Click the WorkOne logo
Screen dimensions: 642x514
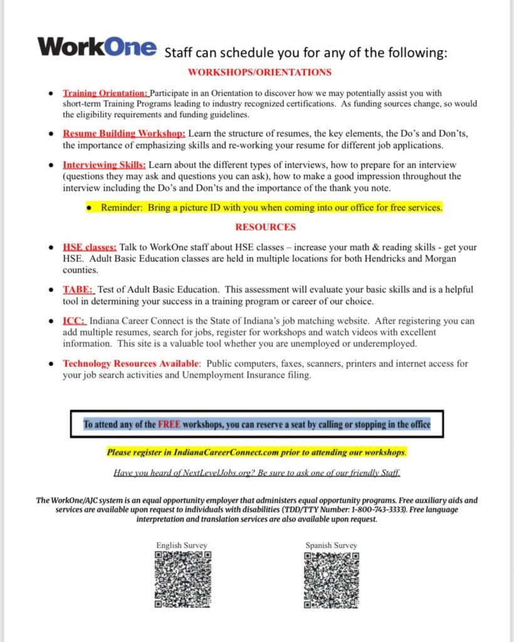[x=97, y=46]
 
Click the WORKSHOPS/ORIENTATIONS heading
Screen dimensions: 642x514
[x=260, y=72]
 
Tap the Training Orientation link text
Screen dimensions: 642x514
[x=105, y=93]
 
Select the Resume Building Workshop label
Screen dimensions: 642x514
[x=123, y=134]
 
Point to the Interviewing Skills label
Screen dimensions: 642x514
[x=104, y=165]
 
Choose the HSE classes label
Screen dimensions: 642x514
[x=90, y=248]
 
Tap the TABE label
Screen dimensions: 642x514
[x=78, y=290]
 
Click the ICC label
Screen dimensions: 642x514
[x=73, y=321]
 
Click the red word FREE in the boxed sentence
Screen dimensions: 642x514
[x=169, y=424]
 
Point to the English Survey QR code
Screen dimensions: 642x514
[x=182, y=579]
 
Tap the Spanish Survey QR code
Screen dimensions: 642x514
[x=332, y=579]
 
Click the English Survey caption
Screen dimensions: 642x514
[x=182, y=545]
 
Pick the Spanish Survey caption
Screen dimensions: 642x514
[x=331, y=545]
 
